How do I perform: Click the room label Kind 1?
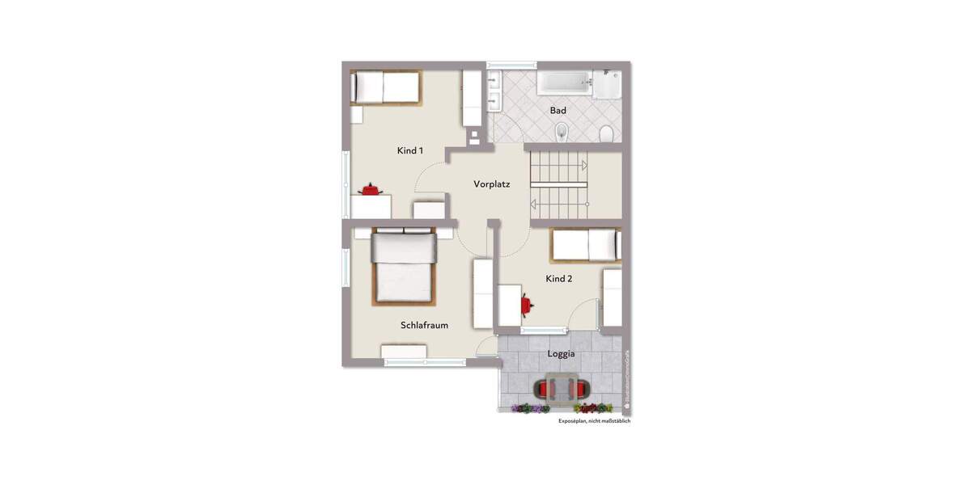click(409, 150)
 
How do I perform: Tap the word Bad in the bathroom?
click(558, 110)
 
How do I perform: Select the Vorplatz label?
click(491, 184)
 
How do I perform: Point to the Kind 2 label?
click(558, 279)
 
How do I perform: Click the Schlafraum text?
click(424, 325)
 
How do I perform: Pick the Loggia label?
click(561, 354)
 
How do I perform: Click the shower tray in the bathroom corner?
click(607, 84)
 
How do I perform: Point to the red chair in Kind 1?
click(371, 189)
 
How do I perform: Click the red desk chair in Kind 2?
click(527, 304)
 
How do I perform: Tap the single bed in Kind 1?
click(386, 87)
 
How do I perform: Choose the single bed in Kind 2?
click(585, 245)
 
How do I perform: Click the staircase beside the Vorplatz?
click(558, 184)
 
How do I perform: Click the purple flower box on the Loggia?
click(531, 409)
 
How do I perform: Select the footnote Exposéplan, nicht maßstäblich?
click(594, 421)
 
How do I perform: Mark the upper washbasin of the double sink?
click(493, 82)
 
